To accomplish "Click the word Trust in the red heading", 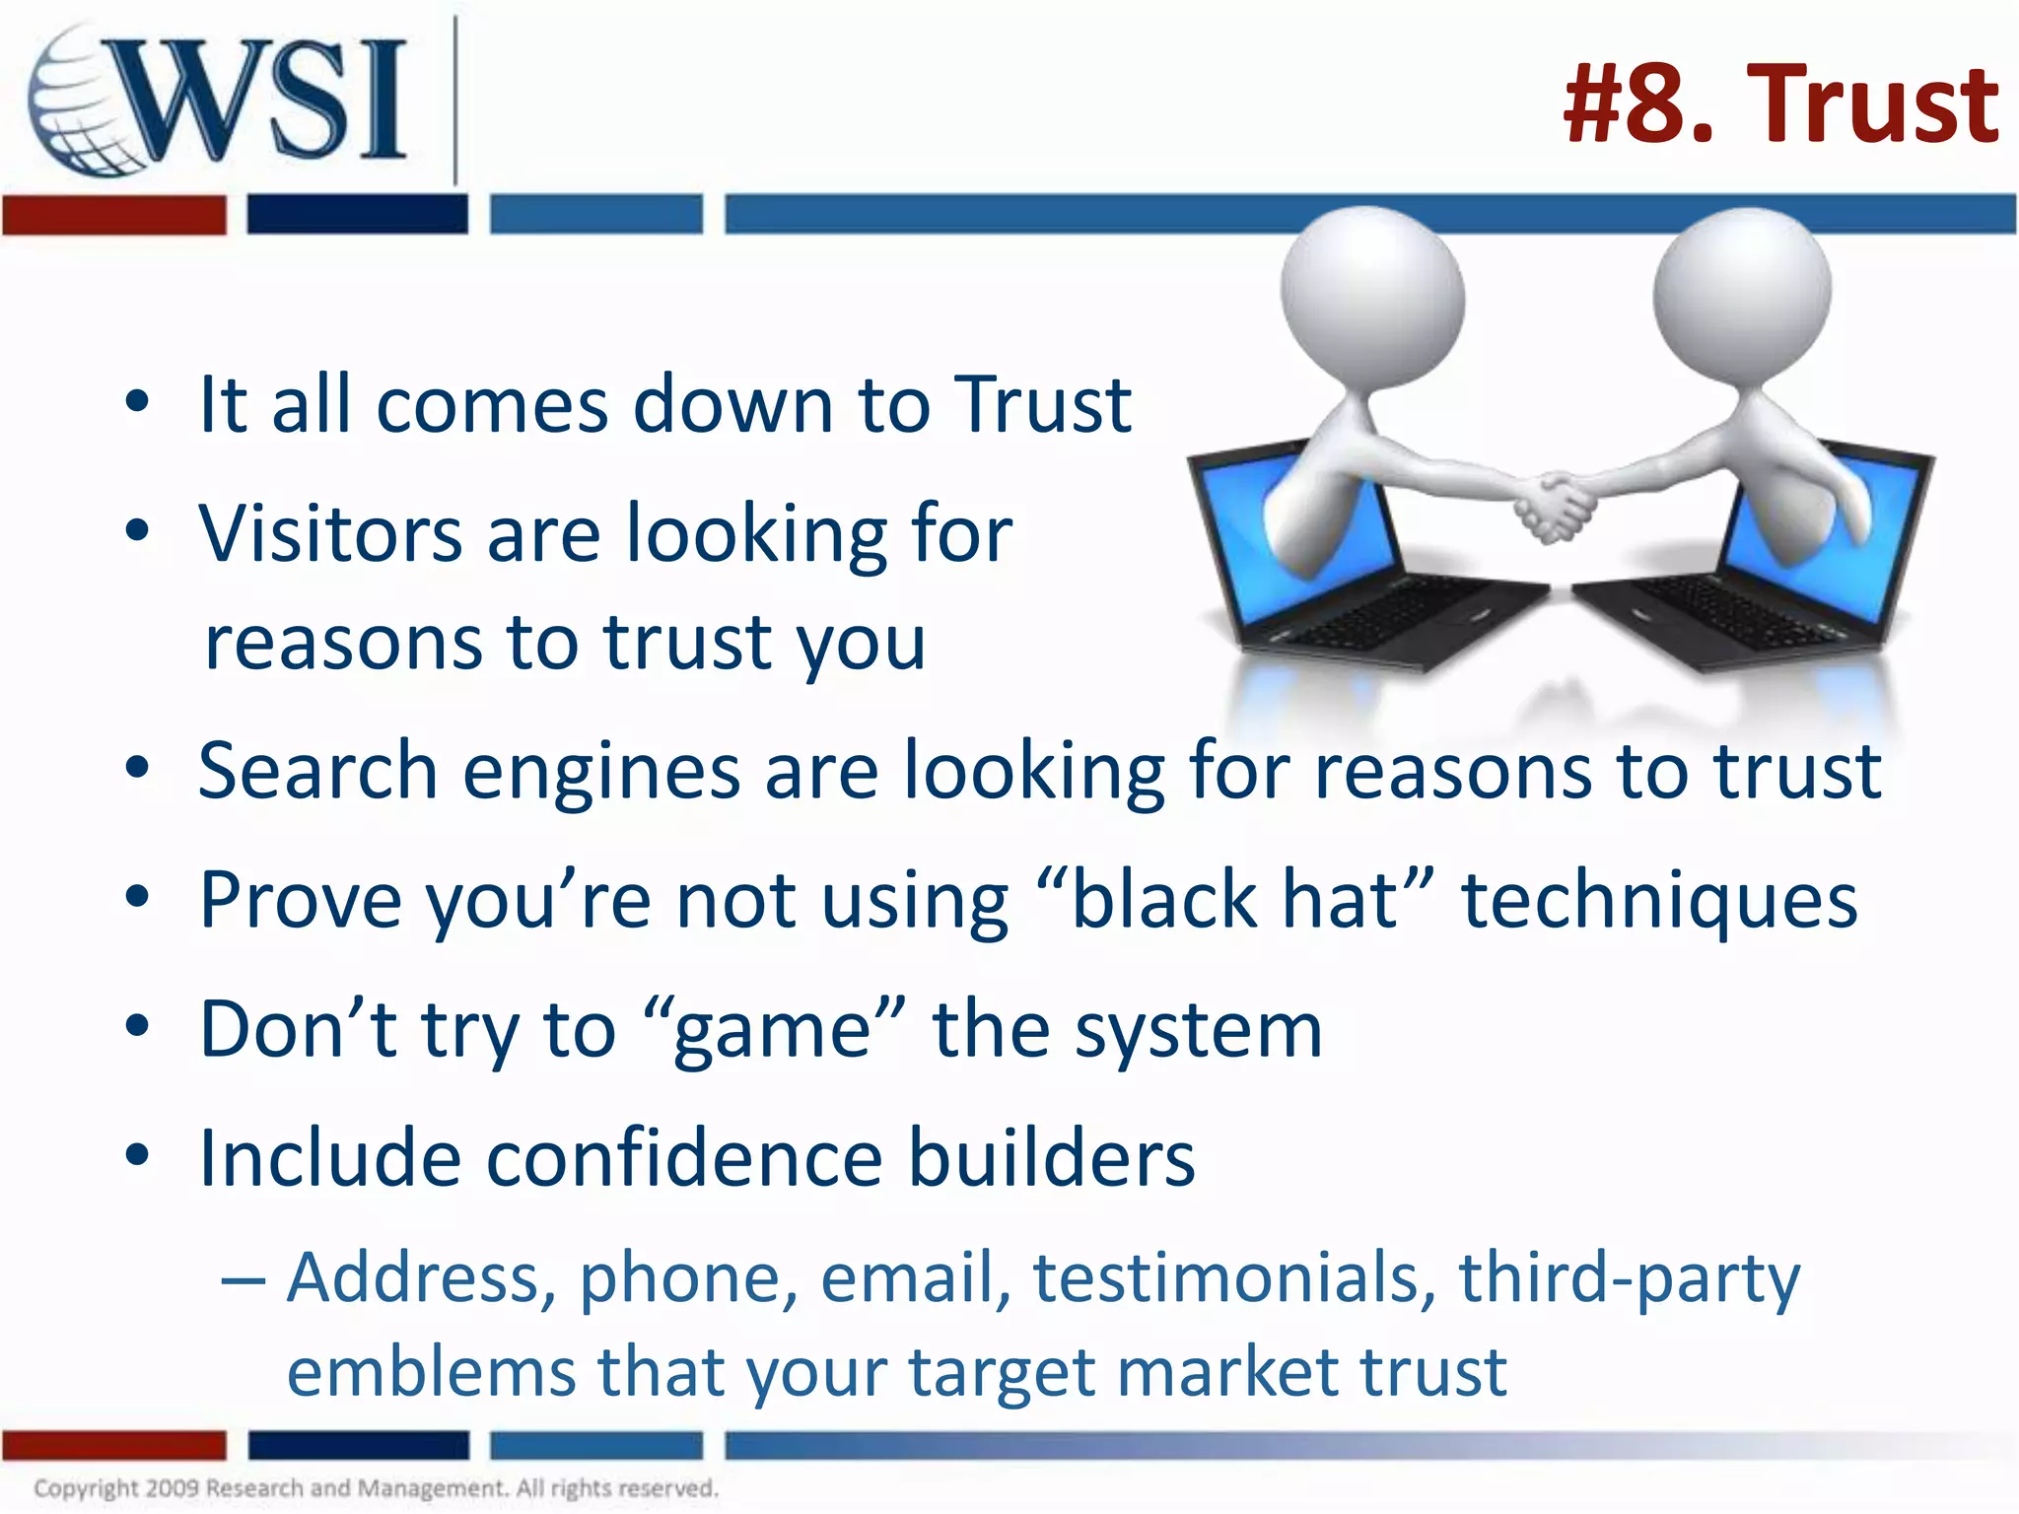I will coord(1872,104).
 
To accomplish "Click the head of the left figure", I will coord(1372,297).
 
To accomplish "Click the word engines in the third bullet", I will coord(601,771).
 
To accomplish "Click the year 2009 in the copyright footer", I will coord(172,1487).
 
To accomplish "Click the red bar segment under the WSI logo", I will coord(113,215).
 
